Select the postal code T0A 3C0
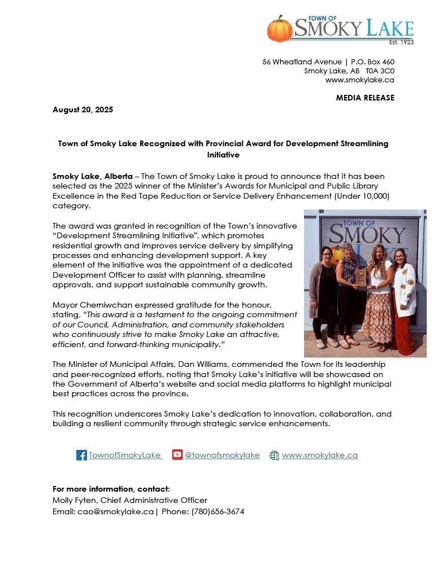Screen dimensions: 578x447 tap(380, 71)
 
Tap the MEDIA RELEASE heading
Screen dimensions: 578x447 tap(365, 98)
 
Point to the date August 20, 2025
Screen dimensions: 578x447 tap(83, 110)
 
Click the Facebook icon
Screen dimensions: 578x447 tap(81, 455)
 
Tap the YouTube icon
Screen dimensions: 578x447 tap(177, 455)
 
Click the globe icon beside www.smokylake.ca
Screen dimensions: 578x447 tap(275, 456)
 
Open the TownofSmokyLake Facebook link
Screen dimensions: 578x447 tap(124, 455)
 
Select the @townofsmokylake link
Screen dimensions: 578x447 tap(222, 455)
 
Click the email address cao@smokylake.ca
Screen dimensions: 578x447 tap(115, 511)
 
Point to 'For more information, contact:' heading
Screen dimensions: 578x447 tap(111, 489)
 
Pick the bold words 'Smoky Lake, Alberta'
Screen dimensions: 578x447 tap(93, 177)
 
